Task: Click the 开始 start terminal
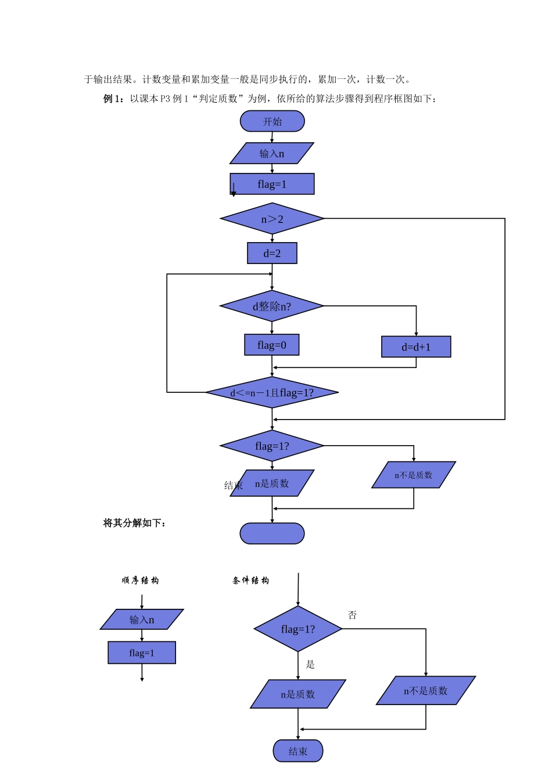272,121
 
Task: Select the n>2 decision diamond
272,219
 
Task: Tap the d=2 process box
272,253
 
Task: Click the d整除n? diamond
271,306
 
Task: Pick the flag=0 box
271,345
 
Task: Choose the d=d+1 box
416,347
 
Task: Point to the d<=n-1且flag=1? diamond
272,392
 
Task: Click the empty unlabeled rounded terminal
272,533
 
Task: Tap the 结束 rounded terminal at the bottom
298,751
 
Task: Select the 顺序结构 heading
140,580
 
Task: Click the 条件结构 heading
250,580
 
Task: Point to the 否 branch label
352,615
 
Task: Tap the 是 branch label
310,665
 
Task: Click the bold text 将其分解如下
134,523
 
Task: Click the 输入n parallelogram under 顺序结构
142,619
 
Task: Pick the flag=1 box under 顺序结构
142,652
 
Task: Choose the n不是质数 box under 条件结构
426,691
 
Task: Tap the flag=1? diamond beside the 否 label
298,629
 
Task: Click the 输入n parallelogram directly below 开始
272,153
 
